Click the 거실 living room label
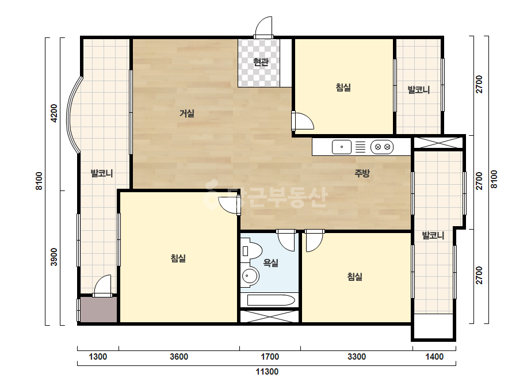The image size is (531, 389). pyautogui.click(x=186, y=113)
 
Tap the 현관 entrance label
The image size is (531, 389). pyautogui.click(x=261, y=62)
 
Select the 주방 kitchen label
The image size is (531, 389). pyautogui.click(x=362, y=173)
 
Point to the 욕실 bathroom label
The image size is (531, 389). pyautogui.click(x=271, y=262)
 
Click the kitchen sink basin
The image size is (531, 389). pyautogui.click(x=341, y=147)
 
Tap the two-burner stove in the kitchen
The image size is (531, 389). pyautogui.click(x=382, y=147)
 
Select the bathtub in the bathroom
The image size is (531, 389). pyautogui.click(x=271, y=300)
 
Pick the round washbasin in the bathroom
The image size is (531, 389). pyautogui.click(x=251, y=276)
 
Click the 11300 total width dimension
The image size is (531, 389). pyautogui.click(x=267, y=372)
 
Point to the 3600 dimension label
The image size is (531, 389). pyautogui.click(x=179, y=356)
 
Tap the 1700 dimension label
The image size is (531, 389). pyautogui.click(x=270, y=356)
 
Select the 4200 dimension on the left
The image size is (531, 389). pyautogui.click(x=54, y=113)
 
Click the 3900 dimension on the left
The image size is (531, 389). pyautogui.click(x=54, y=257)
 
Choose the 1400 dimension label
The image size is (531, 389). pyautogui.click(x=434, y=356)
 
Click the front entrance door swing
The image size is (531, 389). pyautogui.click(x=263, y=27)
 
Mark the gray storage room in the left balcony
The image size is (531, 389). pyautogui.click(x=98, y=310)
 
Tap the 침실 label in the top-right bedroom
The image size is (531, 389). pyautogui.click(x=343, y=87)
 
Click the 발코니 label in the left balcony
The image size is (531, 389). pyautogui.click(x=102, y=173)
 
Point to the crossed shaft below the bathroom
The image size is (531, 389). pyautogui.click(x=270, y=316)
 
